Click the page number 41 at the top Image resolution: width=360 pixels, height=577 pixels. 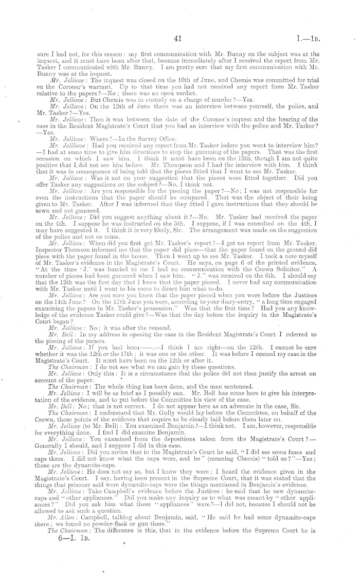pos(179,38)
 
